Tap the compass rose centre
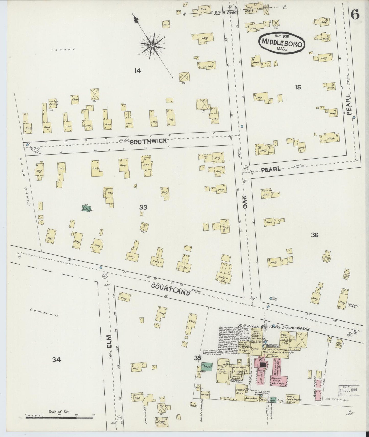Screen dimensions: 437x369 [x=152, y=46]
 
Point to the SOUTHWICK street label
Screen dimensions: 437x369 [x=148, y=141]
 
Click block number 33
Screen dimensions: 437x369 [x=143, y=207]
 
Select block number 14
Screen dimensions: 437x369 [x=138, y=71]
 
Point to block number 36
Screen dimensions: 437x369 [x=315, y=235]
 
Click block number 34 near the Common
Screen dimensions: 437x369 [x=56, y=360]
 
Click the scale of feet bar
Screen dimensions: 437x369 [x=59, y=418]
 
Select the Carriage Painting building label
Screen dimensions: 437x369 [x=53, y=103]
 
